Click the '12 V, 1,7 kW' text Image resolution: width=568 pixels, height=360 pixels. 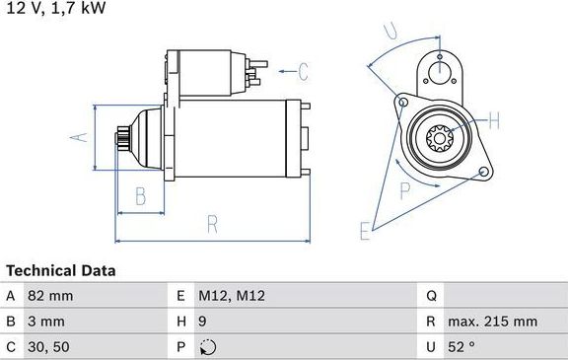point(56,8)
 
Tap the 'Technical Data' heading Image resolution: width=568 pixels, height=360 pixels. point(61,270)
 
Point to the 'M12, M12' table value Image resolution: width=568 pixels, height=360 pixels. point(232,295)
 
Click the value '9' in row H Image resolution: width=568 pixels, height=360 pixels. point(203,322)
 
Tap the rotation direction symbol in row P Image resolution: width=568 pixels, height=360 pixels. point(206,347)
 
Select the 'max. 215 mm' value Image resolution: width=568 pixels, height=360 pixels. point(491,322)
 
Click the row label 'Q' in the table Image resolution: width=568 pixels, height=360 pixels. point(432,295)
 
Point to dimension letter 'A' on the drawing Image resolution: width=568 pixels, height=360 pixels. point(84,138)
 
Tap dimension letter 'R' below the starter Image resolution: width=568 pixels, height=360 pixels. point(212,224)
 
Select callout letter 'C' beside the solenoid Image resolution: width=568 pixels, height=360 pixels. point(303,71)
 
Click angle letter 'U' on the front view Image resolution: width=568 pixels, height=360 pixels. point(390,33)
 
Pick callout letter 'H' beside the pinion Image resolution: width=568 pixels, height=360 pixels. point(494,121)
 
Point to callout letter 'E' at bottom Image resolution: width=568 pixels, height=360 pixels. point(364,233)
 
